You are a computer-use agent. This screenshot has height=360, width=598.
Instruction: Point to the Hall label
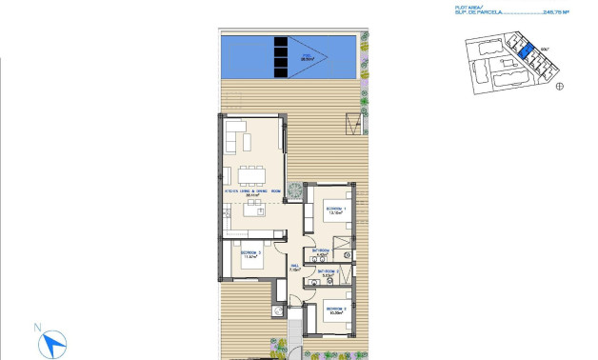coord(294,267)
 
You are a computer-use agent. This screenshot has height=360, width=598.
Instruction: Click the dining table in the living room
coord(252,174)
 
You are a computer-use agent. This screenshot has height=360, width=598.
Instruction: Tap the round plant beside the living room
coord(295,189)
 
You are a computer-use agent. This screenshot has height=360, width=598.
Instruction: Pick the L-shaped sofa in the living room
coord(237,142)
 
